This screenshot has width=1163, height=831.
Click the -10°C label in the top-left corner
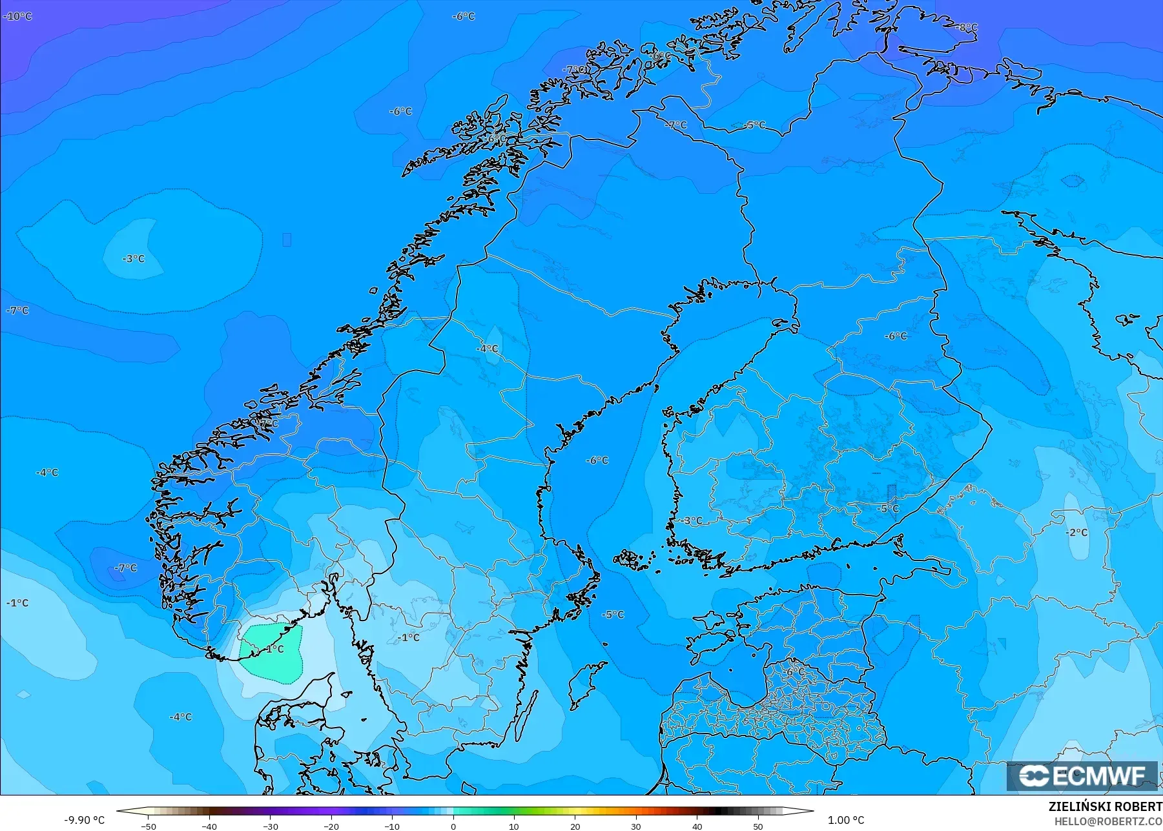[x=17, y=16]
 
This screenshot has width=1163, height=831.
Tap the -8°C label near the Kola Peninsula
[x=967, y=27]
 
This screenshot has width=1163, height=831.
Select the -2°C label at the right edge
[x=1076, y=533]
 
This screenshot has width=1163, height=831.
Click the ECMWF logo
[x=1082, y=776]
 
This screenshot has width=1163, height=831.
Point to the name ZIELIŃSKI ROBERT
[x=1105, y=807]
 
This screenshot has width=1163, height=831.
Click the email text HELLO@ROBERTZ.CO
[x=1108, y=821]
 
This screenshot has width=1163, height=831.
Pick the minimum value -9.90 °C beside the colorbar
[x=84, y=820]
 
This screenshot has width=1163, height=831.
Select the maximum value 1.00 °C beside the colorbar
[x=846, y=820]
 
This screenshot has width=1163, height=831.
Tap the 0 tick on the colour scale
[x=453, y=826]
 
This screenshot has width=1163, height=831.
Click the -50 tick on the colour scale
[x=149, y=826]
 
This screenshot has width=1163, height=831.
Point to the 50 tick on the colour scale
[x=758, y=826]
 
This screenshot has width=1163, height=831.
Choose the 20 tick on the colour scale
[x=575, y=826]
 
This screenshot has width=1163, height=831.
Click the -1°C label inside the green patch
[x=274, y=649]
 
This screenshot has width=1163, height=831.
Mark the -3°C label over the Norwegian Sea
[x=134, y=258]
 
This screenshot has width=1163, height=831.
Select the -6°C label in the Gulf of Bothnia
[x=597, y=460]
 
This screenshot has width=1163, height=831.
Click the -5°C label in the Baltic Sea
[x=613, y=614]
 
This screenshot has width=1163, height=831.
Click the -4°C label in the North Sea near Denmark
[x=180, y=717]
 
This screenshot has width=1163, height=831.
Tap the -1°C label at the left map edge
[x=17, y=602]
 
